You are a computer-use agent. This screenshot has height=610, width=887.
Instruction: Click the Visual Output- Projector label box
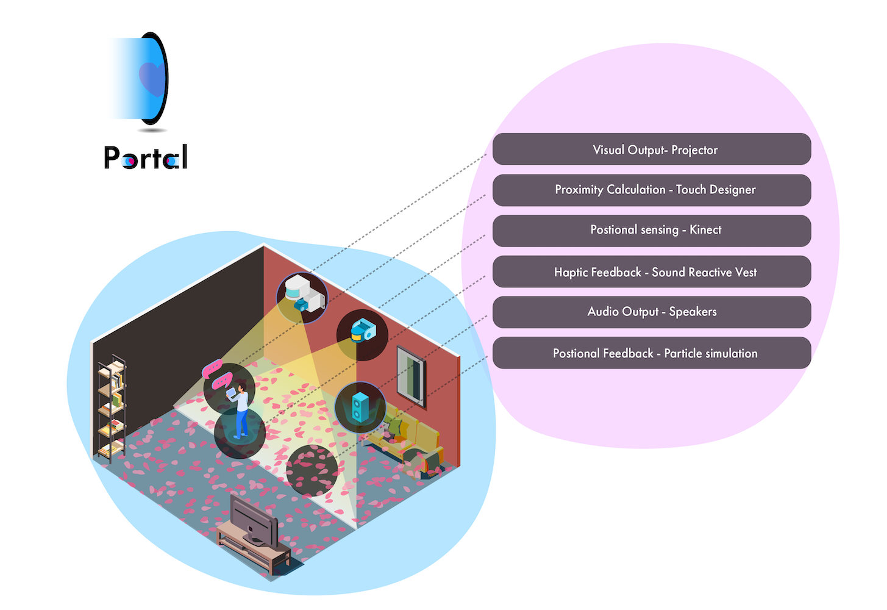(651, 149)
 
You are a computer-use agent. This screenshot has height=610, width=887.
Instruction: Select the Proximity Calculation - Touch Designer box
(651, 190)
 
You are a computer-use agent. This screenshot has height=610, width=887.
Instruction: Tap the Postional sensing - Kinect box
(651, 231)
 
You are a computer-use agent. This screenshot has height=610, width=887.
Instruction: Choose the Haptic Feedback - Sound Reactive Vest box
(651, 272)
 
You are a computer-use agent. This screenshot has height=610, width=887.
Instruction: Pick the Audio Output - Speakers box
(651, 312)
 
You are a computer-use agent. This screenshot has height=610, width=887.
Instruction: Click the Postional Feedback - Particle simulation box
(651, 353)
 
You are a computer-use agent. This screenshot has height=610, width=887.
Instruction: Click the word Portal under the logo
(146, 157)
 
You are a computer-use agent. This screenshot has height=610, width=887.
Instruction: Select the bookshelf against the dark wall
(112, 406)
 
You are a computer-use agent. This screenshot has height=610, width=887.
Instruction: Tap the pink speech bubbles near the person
(217, 375)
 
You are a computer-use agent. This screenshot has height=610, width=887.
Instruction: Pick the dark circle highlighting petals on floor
(312, 470)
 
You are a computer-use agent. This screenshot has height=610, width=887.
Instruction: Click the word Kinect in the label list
(705, 230)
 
